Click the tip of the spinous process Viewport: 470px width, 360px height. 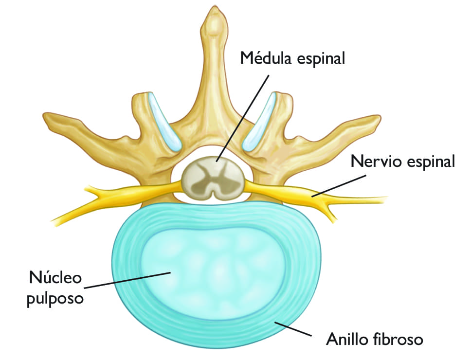tap(213, 15)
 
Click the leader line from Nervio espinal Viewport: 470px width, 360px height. tap(341, 185)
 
